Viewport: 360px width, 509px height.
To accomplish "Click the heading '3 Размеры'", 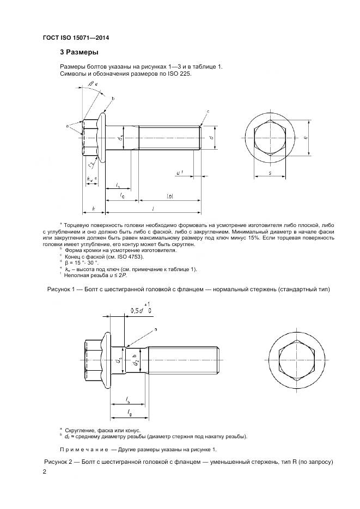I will [78, 52].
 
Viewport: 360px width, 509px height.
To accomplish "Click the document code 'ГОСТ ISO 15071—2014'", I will [80, 38].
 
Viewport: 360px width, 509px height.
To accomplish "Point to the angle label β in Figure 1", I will [90, 83].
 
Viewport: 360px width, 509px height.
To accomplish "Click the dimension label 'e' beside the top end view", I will [306, 138].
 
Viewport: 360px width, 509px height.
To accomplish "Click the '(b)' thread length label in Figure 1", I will [169, 196].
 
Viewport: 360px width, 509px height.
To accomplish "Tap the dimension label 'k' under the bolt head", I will [93, 208].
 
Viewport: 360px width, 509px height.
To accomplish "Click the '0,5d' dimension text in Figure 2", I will [137, 311].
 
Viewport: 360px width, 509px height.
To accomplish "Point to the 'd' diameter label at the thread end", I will [211, 137].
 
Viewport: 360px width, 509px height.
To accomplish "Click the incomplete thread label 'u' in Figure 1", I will [178, 173].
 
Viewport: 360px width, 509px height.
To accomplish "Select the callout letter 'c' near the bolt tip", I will [208, 111].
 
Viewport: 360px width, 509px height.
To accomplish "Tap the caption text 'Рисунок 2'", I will [60, 462].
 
